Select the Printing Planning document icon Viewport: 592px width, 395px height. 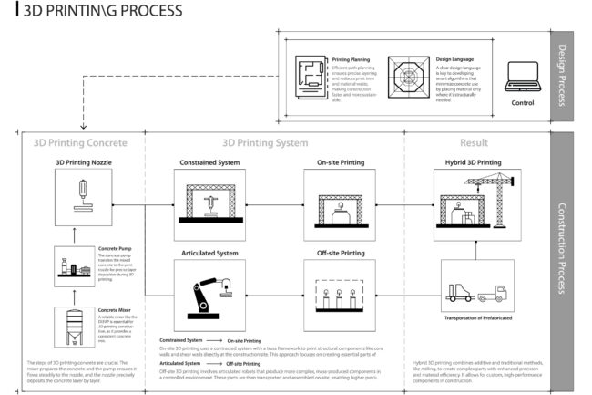tap(311, 74)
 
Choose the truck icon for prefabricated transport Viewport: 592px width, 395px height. tap(476, 292)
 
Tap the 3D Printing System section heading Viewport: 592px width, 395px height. tap(265, 142)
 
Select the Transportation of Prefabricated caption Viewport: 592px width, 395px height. tap(476, 318)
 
